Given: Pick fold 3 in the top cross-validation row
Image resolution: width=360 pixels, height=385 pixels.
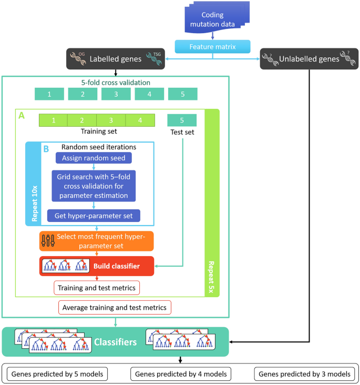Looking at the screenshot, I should point(116,94).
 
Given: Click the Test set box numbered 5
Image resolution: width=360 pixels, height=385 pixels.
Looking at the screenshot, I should point(182,120).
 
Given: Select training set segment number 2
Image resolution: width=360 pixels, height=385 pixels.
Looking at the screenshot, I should point(83,120).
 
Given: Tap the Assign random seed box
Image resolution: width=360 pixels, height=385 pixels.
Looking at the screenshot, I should point(94,158).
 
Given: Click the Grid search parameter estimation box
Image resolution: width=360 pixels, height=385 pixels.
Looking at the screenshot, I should point(94,185).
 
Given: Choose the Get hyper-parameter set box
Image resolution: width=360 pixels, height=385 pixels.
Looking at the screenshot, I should point(94,215).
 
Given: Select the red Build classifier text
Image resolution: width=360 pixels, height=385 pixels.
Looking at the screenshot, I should point(117,266).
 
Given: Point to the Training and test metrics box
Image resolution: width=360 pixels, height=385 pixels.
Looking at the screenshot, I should point(96,288).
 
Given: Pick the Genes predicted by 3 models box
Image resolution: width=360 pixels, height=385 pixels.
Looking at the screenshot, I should point(302,374).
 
